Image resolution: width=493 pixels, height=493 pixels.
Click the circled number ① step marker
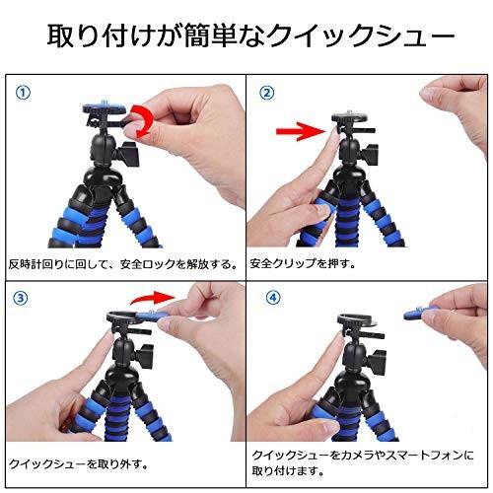click(x=23, y=93)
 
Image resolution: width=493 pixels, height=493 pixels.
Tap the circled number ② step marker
click(x=267, y=93)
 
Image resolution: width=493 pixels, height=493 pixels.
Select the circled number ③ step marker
click(x=21, y=298)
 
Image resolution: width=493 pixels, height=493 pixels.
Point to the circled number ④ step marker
click(x=273, y=298)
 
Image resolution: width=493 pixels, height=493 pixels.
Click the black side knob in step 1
click(x=129, y=154)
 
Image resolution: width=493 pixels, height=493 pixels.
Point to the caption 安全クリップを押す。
click(x=303, y=264)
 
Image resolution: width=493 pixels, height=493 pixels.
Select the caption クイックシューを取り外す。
click(x=78, y=464)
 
